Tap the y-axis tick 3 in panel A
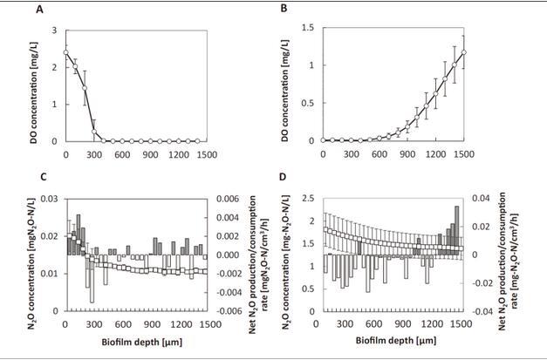click(55, 30)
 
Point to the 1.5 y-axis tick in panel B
click(310, 30)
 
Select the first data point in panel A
click(66, 52)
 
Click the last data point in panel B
click(464, 52)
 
